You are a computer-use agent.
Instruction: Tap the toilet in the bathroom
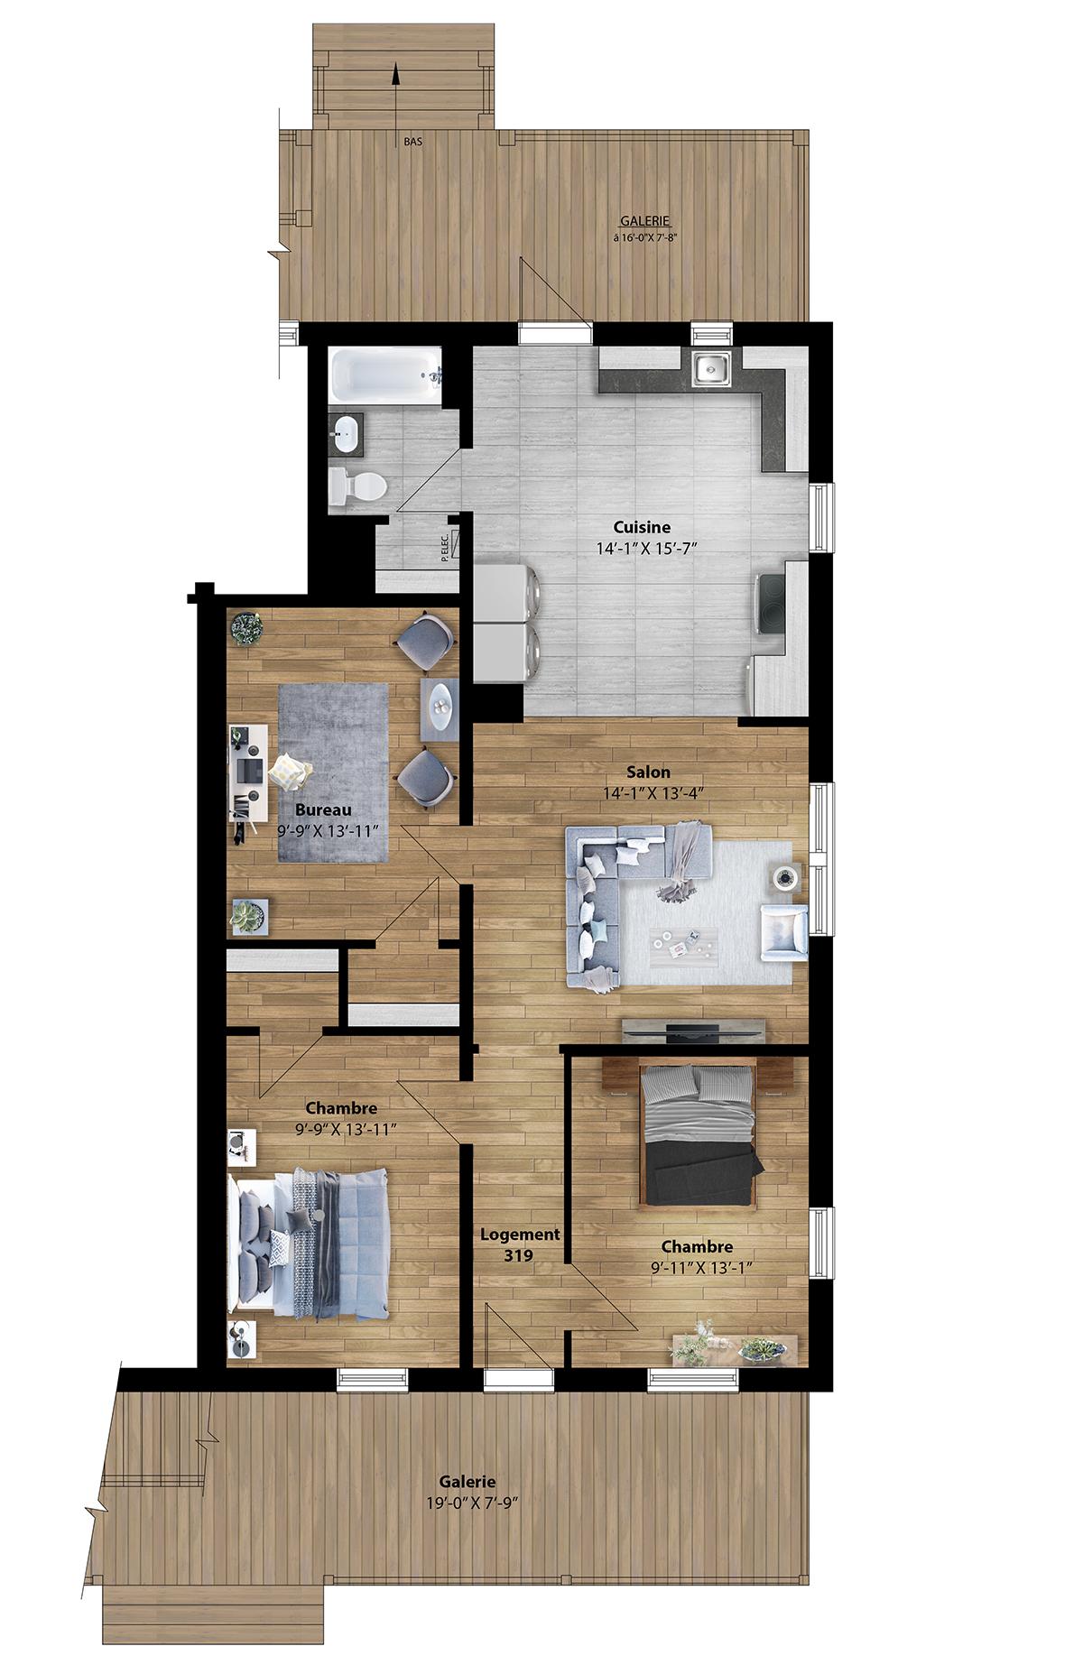coord(358,487)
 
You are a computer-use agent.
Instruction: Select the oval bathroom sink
coord(346,434)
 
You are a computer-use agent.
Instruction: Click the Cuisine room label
coord(642,528)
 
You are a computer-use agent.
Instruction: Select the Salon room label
coord(649,772)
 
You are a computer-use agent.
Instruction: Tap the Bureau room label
coord(322,809)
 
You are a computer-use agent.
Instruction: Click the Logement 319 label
coord(520,1244)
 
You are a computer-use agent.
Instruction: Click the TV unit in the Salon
coord(695,1030)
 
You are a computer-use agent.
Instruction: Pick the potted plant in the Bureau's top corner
coord(246,628)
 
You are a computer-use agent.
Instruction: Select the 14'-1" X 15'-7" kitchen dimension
coord(642,547)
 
